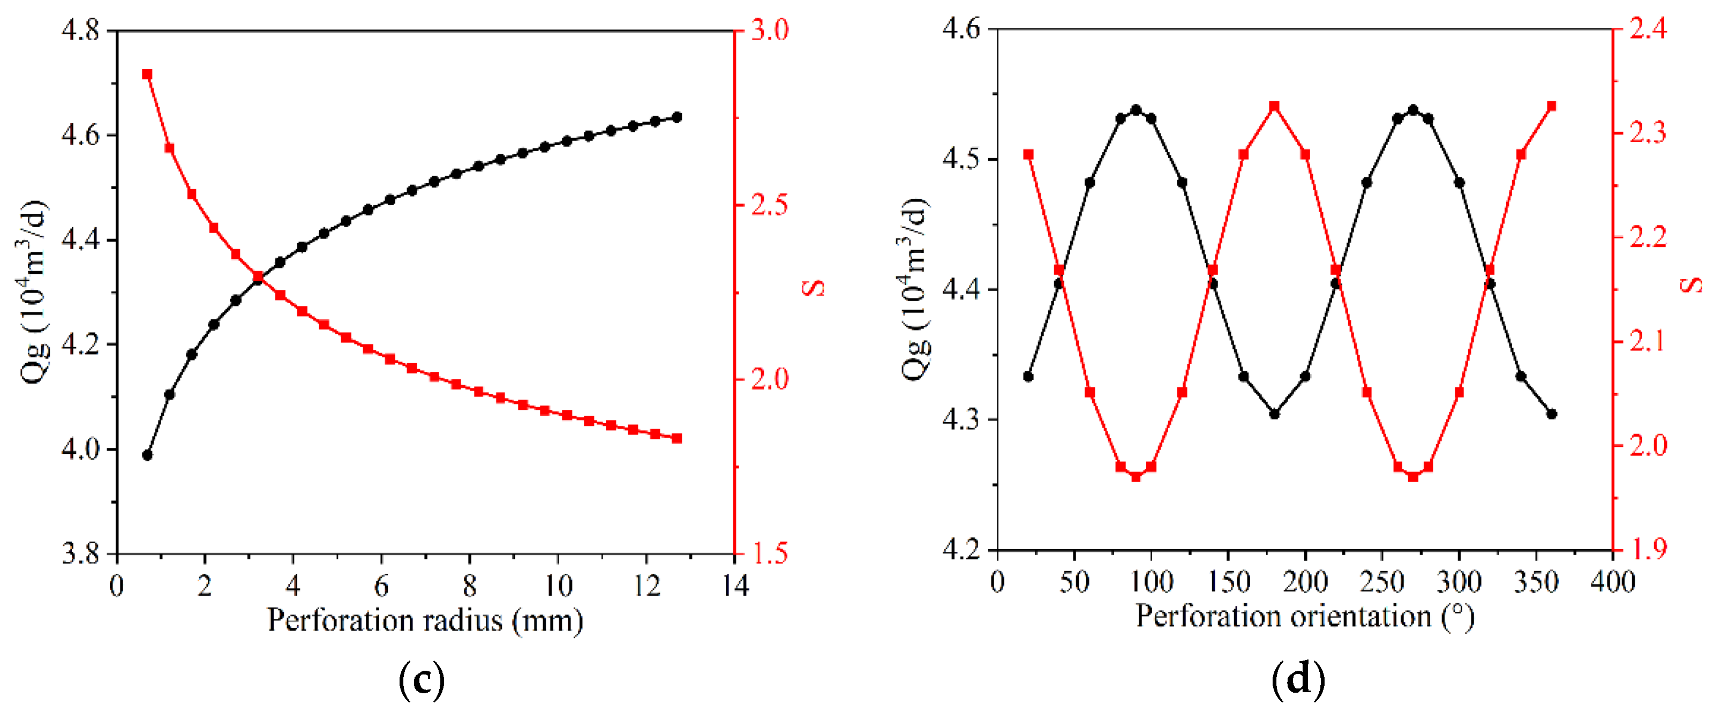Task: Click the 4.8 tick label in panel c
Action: (x=80, y=31)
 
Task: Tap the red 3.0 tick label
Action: (x=770, y=31)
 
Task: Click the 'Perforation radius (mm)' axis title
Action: (x=425, y=620)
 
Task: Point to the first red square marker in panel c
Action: (x=147, y=74)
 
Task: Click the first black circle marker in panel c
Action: (x=147, y=455)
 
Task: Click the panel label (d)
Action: (x=1298, y=680)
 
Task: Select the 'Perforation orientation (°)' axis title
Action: (x=1305, y=616)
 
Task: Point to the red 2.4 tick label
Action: (x=1648, y=29)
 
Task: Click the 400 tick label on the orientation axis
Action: (x=1613, y=582)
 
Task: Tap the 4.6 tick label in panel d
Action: (x=961, y=29)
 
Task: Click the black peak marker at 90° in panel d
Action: (x=1136, y=110)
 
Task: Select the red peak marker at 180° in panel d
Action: (x=1274, y=107)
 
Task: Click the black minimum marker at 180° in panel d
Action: (x=1274, y=414)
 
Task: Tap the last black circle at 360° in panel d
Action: (x=1552, y=414)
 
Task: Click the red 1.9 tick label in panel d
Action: (x=1648, y=550)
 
